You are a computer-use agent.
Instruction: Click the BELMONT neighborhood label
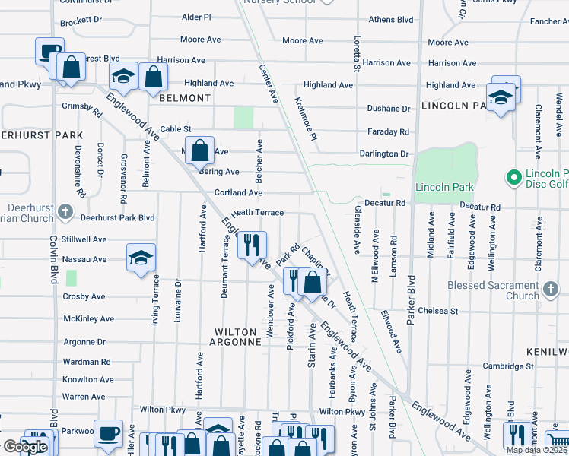pyautogui.click(x=185, y=98)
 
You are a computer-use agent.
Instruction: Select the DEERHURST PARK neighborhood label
pyautogui.click(x=41, y=135)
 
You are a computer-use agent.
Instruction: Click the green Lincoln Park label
pyautogui.click(x=444, y=187)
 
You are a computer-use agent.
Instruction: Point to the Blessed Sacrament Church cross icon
pyautogui.click(x=552, y=289)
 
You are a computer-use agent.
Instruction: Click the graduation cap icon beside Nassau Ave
pyautogui.click(x=141, y=258)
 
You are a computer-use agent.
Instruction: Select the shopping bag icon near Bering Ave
pyautogui.click(x=199, y=150)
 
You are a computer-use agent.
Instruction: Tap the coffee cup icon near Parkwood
pyautogui.click(x=108, y=432)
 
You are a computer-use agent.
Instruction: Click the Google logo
pyautogui.click(x=25, y=446)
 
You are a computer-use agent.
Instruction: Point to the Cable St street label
pyautogui.click(x=175, y=130)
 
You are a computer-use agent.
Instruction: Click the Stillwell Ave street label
pyautogui.click(x=84, y=239)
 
